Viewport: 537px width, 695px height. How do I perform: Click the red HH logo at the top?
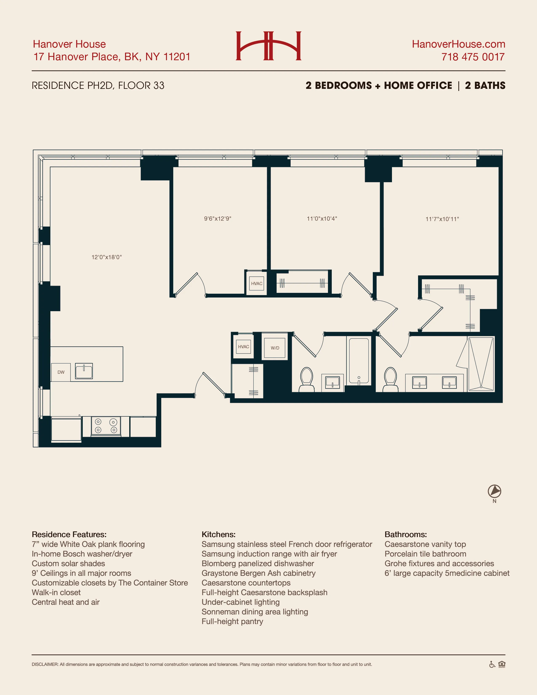268,46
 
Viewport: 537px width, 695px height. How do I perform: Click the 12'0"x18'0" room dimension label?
107,257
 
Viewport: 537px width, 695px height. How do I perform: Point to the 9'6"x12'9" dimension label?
218,219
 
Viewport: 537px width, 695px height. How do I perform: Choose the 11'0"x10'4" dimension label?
322,219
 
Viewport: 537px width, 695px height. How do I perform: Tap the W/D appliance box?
275,348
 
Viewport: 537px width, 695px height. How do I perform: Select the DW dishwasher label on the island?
61,372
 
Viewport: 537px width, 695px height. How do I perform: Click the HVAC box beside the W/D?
243,347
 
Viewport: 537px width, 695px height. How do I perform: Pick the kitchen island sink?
84,371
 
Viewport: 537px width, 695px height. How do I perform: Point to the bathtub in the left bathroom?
359,361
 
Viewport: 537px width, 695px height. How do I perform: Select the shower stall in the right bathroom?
481,364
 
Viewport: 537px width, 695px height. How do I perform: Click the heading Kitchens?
219,534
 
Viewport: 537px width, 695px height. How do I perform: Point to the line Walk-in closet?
56,592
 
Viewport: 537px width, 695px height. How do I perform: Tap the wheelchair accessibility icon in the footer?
492,664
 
